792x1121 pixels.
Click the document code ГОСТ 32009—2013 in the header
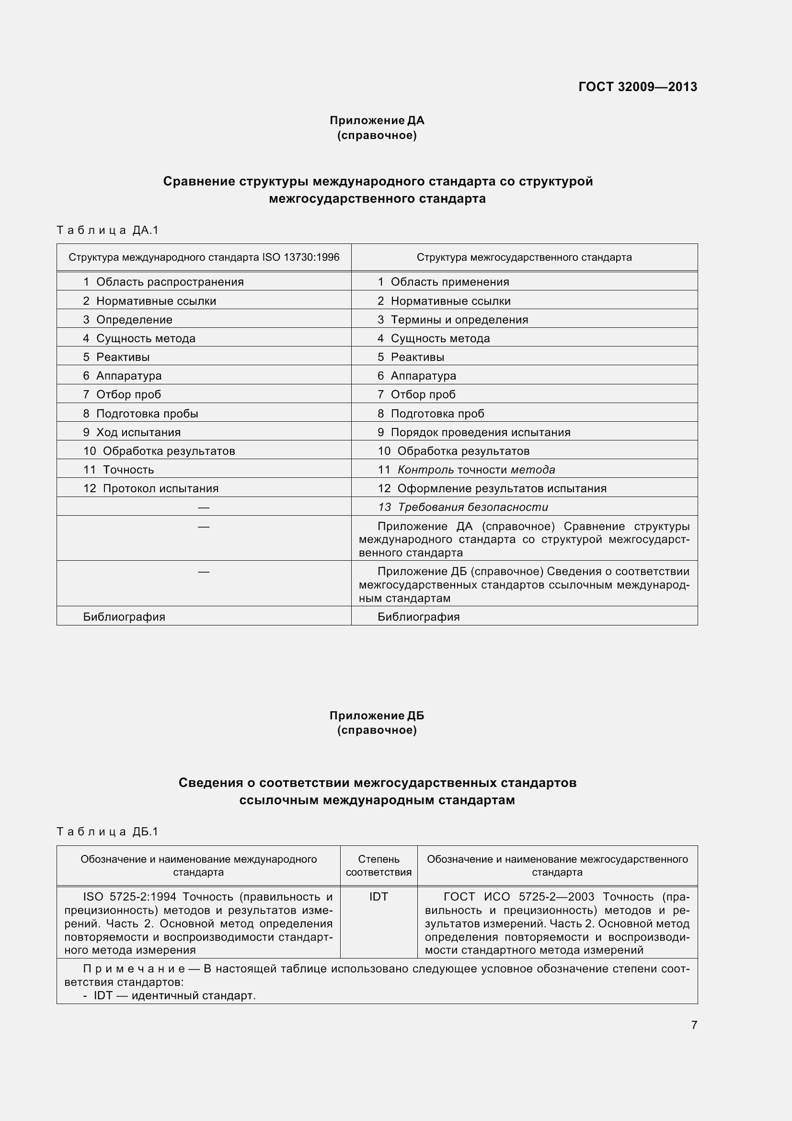[x=637, y=87]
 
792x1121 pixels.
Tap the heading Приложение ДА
[x=377, y=120]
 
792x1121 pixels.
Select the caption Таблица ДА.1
[x=108, y=230]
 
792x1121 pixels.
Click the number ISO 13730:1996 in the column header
[x=300, y=257]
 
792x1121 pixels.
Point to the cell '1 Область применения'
[x=443, y=282]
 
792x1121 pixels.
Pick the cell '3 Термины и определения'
[x=452, y=320]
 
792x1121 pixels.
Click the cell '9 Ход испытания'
[x=132, y=432]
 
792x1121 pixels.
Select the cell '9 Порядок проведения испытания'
[x=473, y=432]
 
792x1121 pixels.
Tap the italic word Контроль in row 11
[x=425, y=470]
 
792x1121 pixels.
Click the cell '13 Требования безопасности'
[x=463, y=507]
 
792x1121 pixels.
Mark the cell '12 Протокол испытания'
[x=151, y=488]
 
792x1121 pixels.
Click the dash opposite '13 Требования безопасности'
[x=204, y=507]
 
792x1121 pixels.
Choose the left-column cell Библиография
[x=124, y=617]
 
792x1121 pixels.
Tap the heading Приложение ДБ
[x=377, y=716]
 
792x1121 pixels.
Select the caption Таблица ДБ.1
[x=108, y=832]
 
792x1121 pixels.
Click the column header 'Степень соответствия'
[x=379, y=866]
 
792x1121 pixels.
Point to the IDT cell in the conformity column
[x=379, y=897]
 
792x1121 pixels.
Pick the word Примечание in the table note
[x=134, y=969]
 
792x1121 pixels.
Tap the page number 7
[x=694, y=1025]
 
